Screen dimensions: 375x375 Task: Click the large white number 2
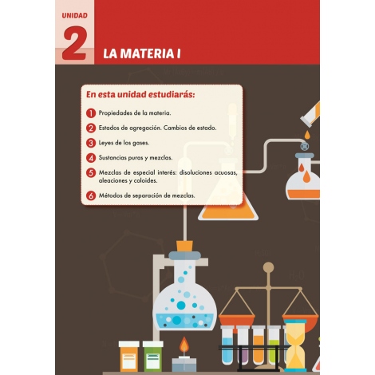click(73, 45)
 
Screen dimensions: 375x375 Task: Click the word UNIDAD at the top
click(74, 15)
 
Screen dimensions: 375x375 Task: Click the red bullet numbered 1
click(92, 113)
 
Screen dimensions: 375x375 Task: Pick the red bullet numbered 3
click(92, 142)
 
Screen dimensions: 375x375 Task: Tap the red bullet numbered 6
click(92, 195)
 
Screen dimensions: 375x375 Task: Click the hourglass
click(295, 345)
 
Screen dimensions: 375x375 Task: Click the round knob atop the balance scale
click(268, 267)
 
